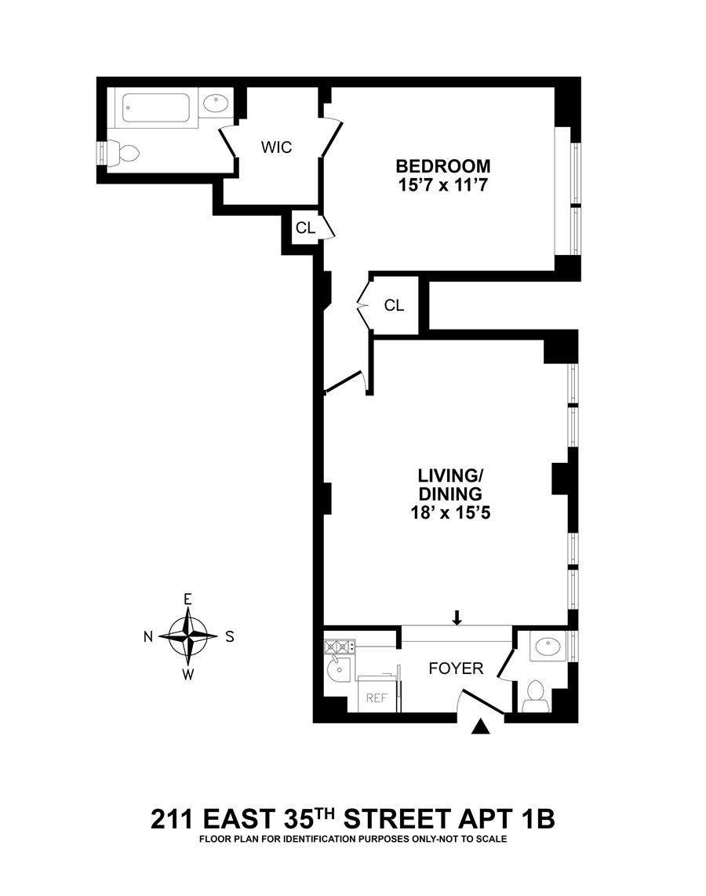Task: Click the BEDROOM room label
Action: (443, 166)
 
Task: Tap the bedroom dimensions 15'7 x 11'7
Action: (443, 187)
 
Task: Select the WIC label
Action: (276, 148)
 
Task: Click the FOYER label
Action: (455, 668)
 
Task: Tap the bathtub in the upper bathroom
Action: (157, 108)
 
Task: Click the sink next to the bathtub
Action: (216, 104)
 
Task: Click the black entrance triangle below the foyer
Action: (480, 728)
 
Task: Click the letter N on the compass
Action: (148, 637)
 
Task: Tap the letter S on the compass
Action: (230, 637)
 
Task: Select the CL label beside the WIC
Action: (304, 228)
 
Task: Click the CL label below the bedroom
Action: (394, 305)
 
